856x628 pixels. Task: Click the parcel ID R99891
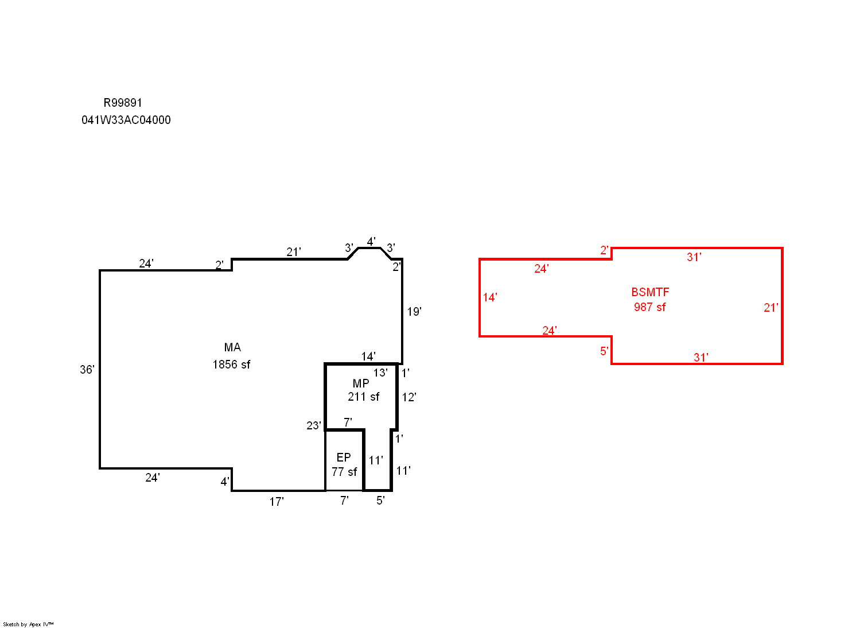click(x=123, y=103)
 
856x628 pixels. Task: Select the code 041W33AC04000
click(x=126, y=120)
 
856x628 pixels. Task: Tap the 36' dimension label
click(x=87, y=370)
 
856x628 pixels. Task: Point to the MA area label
click(x=232, y=347)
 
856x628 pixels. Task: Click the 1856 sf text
click(x=232, y=365)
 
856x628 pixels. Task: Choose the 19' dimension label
click(x=414, y=312)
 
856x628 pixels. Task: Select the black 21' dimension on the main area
click(x=294, y=252)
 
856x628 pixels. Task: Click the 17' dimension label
click(x=277, y=502)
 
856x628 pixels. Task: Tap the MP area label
click(x=361, y=383)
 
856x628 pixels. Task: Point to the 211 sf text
click(x=363, y=397)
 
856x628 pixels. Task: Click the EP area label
click(x=344, y=458)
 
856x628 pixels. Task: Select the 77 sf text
click(x=344, y=472)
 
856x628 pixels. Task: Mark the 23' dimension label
click(x=314, y=426)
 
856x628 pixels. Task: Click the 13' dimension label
click(x=380, y=373)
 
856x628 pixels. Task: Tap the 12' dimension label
click(x=409, y=397)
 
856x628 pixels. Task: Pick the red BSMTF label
click(x=650, y=293)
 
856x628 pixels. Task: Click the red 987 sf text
click(x=649, y=307)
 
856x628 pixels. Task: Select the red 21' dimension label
click(x=771, y=308)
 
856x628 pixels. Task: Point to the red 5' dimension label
click(x=604, y=351)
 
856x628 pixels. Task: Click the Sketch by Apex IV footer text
click(x=28, y=625)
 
